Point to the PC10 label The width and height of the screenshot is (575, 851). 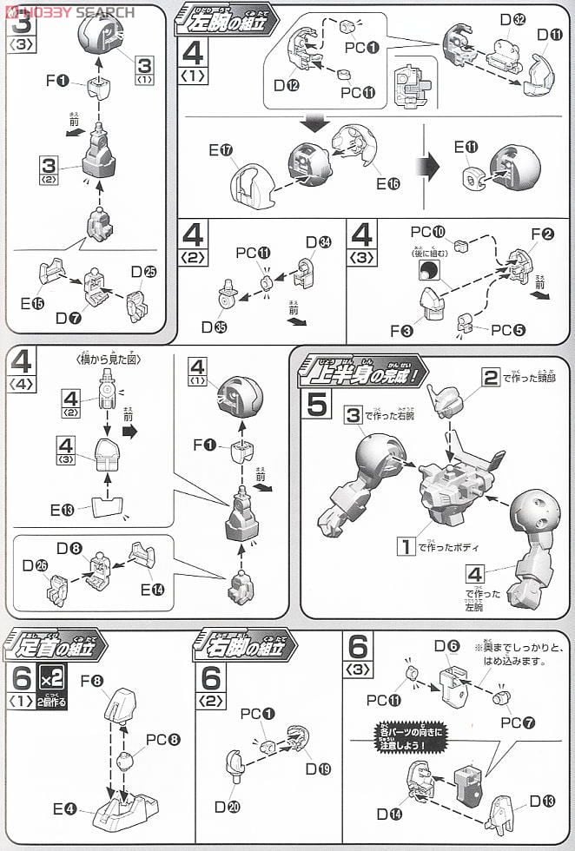point(426,232)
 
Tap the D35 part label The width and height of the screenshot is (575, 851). point(214,327)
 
